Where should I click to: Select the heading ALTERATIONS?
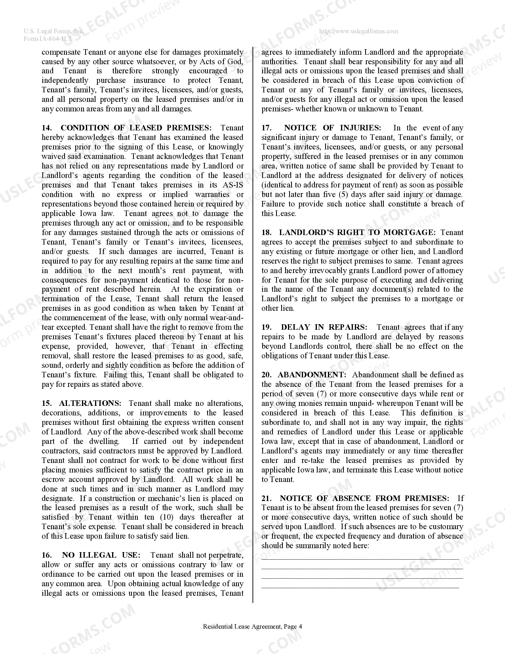(90, 403)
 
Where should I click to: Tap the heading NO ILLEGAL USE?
(101, 555)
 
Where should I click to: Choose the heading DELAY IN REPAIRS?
(324, 327)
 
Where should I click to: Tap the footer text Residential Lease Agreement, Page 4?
(252, 627)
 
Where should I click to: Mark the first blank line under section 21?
(360, 558)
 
